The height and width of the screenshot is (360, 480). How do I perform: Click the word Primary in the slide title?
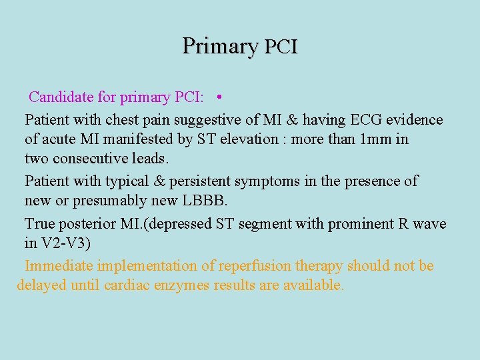coord(219,46)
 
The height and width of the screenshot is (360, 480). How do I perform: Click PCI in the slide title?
coord(281,47)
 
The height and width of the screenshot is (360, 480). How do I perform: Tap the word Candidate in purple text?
coord(61,97)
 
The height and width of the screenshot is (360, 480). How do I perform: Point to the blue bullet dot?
coord(219,97)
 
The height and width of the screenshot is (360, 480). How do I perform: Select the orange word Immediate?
coord(59,266)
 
